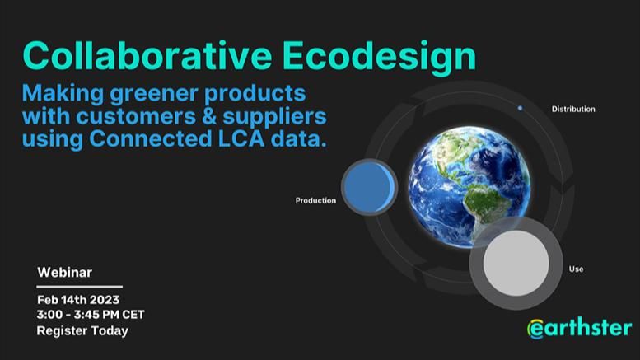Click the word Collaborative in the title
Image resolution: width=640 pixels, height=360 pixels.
point(147,55)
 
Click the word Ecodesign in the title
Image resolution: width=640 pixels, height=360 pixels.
point(379,58)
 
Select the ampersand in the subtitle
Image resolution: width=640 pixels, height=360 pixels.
point(209,116)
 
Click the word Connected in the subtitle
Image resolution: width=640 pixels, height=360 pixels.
point(150,138)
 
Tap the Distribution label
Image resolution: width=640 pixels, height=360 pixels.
point(573,109)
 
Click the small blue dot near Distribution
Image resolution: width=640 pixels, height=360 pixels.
point(520,108)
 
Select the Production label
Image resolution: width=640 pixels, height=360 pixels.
point(315,200)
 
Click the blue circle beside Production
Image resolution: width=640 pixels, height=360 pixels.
point(369,187)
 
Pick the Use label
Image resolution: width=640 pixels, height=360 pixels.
point(576,269)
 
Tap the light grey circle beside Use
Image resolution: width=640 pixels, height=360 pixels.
point(516,263)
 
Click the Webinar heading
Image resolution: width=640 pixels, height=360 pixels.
point(64,272)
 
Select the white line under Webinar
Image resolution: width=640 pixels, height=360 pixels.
point(80,287)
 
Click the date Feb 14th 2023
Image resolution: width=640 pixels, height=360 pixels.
point(78,300)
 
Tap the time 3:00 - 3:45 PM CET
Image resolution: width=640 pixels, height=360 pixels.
point(91,315)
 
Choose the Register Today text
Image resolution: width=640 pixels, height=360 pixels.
point(82,330)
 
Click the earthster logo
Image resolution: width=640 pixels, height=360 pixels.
point(580,329)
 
